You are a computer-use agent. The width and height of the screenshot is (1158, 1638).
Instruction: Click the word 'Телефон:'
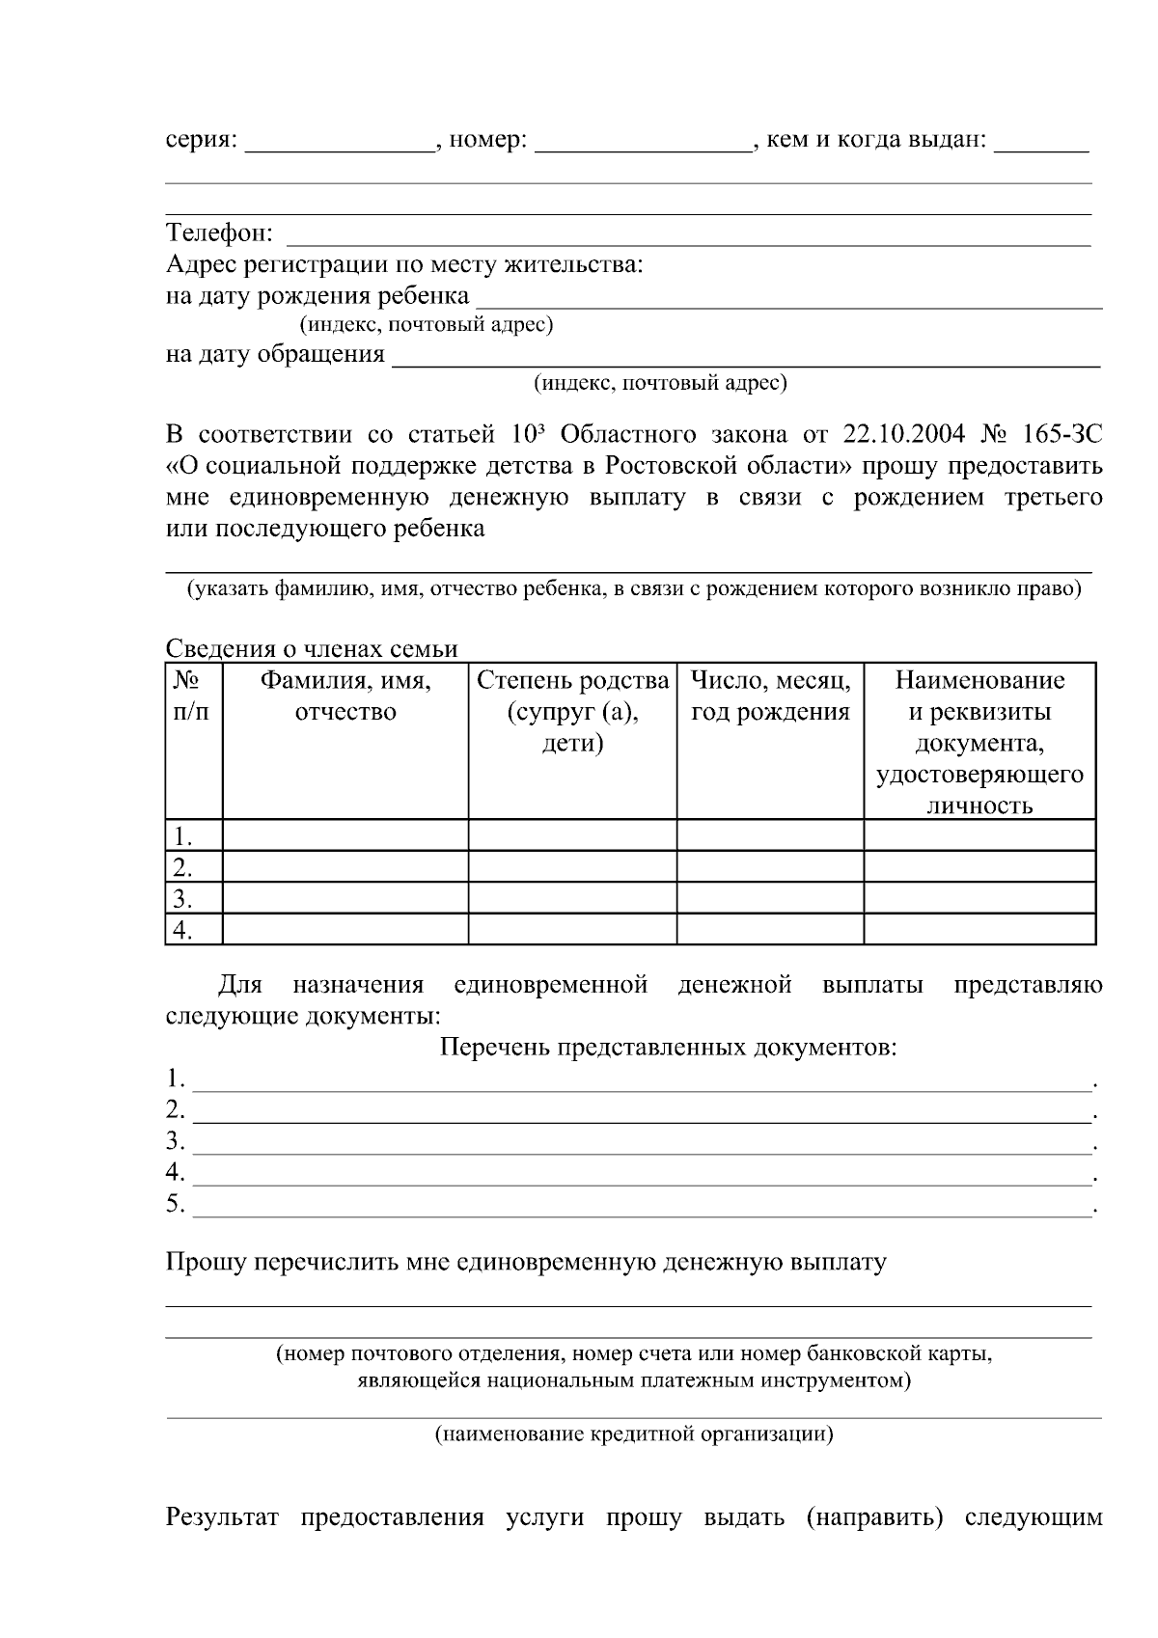tap(220, 233)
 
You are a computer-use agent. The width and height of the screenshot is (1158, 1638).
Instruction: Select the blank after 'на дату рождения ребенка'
tap(788, 297)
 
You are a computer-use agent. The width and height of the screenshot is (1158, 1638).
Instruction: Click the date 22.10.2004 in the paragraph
tap(903, 434)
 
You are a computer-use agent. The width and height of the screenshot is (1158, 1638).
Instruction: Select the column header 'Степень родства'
tap(573, 681)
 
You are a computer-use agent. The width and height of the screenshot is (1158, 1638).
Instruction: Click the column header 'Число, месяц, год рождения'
tap(770, 696)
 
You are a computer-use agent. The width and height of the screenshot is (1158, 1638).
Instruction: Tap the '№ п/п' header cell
tap(192, 696)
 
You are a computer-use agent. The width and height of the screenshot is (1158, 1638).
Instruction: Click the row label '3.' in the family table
tap(181, 899)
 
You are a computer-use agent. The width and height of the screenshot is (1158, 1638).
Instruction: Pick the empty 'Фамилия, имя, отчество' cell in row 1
tap(345, 835)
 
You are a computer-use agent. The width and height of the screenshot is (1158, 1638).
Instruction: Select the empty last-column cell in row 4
tap(979, 930)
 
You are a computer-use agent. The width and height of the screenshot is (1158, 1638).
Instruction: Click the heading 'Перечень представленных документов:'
tap(668, 1048)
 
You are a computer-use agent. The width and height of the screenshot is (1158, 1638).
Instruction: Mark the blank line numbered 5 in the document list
tap(642, 1206)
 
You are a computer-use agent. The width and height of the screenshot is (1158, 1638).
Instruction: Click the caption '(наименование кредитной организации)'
tap(634, 1434)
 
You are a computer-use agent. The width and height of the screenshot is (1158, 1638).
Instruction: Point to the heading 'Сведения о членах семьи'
tap(312, 649)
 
